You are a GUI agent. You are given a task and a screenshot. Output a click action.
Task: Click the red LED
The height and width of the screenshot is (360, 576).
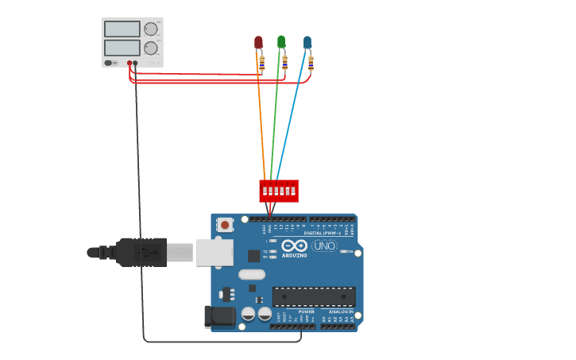click(x=258, y=42)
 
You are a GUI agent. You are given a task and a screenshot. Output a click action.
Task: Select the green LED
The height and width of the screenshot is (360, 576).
click(x=281, y=41)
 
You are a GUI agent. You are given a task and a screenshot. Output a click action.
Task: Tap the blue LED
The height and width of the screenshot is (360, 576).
click(x=307, y=42)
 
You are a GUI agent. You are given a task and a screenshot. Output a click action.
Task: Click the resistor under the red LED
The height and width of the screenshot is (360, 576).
click(x=261, y=64)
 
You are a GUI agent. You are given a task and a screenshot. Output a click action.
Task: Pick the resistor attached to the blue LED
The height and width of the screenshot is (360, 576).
click(x=311, y=63)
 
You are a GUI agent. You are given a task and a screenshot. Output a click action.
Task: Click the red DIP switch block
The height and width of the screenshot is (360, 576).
click(x=278, y=191)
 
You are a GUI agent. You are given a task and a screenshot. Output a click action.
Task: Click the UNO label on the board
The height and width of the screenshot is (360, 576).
click(x=324, y=246)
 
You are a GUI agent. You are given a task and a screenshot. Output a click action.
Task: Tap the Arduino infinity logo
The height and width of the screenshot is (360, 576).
click(x=292, y=246)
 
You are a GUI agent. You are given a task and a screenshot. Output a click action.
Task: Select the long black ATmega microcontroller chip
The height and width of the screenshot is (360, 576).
click(x=314, y=296)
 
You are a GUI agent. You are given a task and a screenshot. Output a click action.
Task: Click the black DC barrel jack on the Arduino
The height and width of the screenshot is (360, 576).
click(x=219, y=316)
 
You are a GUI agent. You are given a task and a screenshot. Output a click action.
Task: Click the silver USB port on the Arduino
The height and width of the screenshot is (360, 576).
click(x=214, y=252)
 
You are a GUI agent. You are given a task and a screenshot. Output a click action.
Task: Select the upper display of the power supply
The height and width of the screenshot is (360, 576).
click(x=122, y=29)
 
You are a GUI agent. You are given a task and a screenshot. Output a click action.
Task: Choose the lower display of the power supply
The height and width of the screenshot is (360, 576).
click(x=122, y=48)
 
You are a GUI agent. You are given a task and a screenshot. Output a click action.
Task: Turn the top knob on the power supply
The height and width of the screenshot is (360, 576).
click(x=150, y=29)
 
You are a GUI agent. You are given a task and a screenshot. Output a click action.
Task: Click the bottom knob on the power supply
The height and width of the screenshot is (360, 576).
click(x=150, y=48)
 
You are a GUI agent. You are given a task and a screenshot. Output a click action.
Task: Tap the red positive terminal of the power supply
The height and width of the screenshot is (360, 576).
click(x=130, y=63)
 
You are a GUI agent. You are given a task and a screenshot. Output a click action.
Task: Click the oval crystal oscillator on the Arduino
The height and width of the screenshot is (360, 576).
click(x=251, y=275)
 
